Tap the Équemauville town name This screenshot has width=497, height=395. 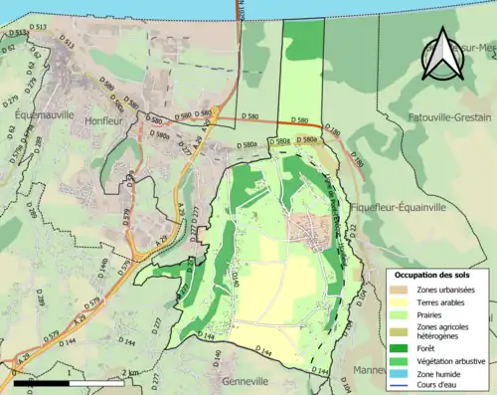click(x=45, y=115)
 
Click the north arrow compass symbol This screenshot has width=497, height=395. click(x=440, y=54)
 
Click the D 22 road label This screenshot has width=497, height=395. click(x=353, y=230)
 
